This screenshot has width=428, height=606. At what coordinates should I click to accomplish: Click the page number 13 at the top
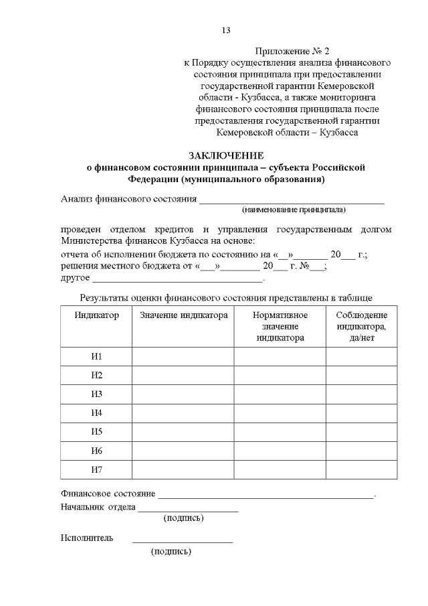click(226, 30)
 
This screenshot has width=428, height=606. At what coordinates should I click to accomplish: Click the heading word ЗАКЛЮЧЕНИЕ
click(226, 155)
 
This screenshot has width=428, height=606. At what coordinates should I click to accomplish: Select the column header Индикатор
click(96, 315)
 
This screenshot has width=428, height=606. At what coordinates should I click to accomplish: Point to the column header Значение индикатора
click(184, 315)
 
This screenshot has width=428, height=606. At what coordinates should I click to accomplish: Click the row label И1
click(96, 356)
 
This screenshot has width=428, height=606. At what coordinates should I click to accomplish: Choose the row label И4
click(96, 412)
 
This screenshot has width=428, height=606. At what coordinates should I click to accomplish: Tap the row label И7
click(96, 469)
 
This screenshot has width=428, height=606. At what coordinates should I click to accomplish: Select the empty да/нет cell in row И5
click(361, 431)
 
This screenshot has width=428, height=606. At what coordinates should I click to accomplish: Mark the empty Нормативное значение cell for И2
click(280, 375)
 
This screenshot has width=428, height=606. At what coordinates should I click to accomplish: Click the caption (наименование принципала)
click(294, 210)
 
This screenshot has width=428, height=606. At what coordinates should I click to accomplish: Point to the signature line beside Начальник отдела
click(188, 510)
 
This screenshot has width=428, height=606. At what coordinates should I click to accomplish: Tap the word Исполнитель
click(87, 538)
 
